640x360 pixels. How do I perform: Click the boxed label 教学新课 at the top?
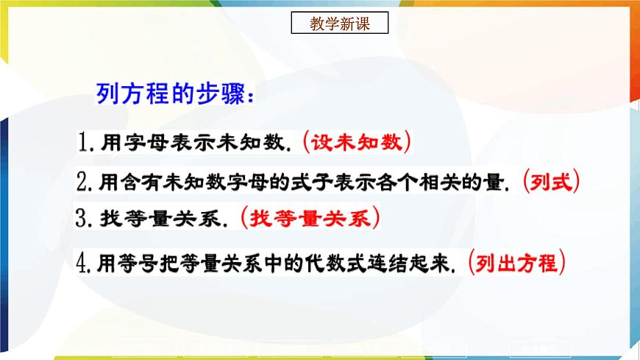pos(339,24)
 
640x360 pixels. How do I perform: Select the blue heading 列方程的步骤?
pos(175,96)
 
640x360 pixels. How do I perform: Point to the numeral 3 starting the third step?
pos(83,219)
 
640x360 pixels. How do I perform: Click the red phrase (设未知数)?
pos(358,141)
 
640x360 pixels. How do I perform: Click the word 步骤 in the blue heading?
pos(221,96)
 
